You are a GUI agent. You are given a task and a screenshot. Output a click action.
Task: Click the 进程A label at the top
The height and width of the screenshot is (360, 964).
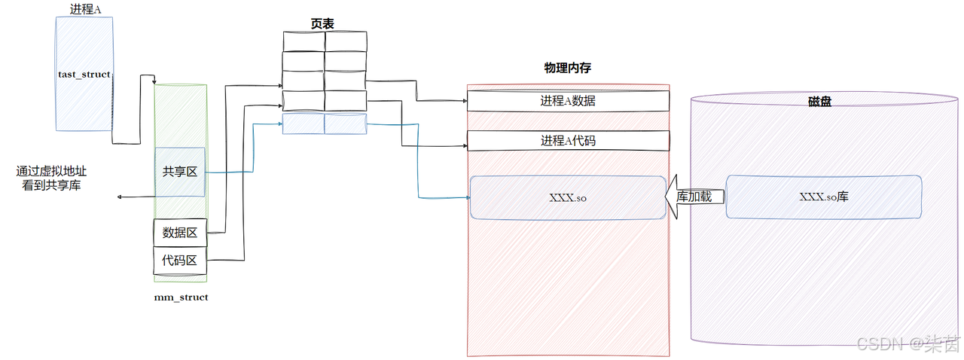click(84, 10)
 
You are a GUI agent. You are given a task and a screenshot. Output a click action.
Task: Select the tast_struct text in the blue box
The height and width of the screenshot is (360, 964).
click(84, 75)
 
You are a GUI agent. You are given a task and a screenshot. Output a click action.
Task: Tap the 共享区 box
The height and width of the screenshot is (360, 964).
click(180, 172)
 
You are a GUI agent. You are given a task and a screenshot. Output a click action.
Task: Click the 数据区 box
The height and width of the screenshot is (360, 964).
click(180, 233)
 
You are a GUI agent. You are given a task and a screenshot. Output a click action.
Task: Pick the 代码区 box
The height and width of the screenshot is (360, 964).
click(180, 261)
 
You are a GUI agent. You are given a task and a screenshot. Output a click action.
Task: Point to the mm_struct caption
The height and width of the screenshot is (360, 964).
click(181, 297)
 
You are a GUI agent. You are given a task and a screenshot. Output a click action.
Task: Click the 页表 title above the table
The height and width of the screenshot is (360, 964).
click(323, 23)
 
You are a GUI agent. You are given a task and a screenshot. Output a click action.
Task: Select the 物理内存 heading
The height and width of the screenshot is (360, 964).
click(568, 68)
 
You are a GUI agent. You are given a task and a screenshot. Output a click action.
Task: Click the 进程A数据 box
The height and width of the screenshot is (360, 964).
click(568, 101)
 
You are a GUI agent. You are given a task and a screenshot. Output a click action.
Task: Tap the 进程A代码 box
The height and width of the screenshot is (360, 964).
click(568, 140)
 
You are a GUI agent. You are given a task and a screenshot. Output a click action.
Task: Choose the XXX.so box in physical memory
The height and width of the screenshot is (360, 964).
click(568, 197)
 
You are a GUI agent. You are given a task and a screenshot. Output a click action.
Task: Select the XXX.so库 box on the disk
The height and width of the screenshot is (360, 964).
click(823, 197)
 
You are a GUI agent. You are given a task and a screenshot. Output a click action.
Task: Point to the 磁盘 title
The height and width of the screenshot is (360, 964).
click(819, 101)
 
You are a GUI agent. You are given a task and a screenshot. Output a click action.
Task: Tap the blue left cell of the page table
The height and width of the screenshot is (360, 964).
click(304, 124)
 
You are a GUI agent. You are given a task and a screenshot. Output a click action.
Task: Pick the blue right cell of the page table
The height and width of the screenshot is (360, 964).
click(346, 124)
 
